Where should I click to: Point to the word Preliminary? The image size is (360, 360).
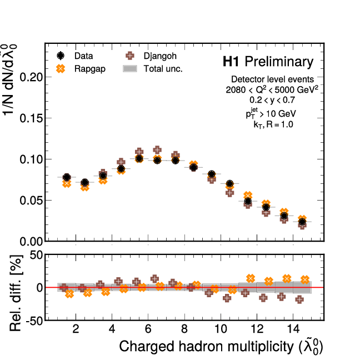(x=279, y=62)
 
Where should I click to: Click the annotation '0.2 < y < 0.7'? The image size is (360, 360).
(x=272, y=101)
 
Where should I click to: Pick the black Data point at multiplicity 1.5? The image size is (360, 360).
(x=67, y=178)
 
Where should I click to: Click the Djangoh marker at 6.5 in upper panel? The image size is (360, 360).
(x=157, y=150)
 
